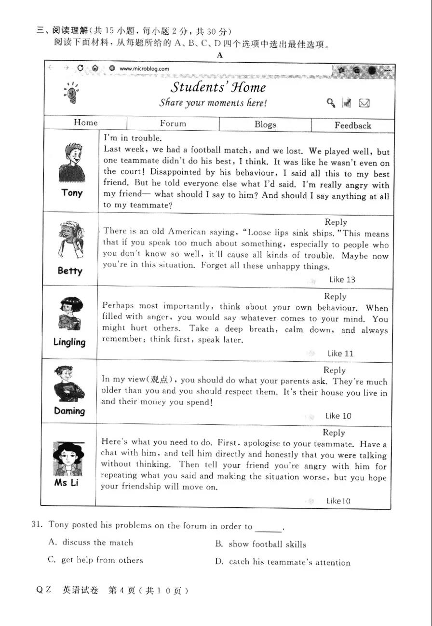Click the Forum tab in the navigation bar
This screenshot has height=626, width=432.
(x=173, y=123)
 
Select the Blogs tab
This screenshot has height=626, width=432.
(x=265, y=124)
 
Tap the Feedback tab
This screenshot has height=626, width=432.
(x=353, y=125)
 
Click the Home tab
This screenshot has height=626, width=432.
(x=86, y=122)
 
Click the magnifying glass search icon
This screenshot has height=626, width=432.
(x=331, y=102)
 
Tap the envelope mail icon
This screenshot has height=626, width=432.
(x=364, y=103)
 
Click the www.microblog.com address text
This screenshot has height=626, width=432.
(x=144, y=68)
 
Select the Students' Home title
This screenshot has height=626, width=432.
(x=218, y=87)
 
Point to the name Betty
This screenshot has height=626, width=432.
(x=70, y=271)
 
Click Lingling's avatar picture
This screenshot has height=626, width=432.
(x=70, y=313)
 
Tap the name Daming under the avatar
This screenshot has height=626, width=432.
(x=69, y=411)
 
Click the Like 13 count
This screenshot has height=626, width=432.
(x=342, y=279)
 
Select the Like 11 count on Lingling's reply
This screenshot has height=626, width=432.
(x=340, y=354)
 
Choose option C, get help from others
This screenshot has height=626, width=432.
(x=95, y=560)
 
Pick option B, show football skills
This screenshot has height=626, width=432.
(x=260, y=544)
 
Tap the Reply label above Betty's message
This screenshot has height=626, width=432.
(x=336, y=222)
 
